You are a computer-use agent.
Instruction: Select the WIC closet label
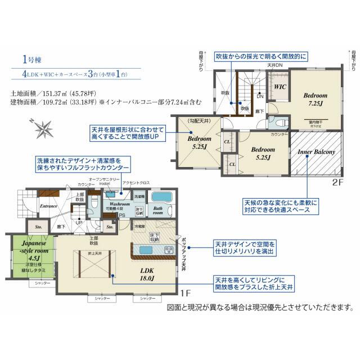tap(280, 87)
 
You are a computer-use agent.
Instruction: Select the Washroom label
tap(120, 205)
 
